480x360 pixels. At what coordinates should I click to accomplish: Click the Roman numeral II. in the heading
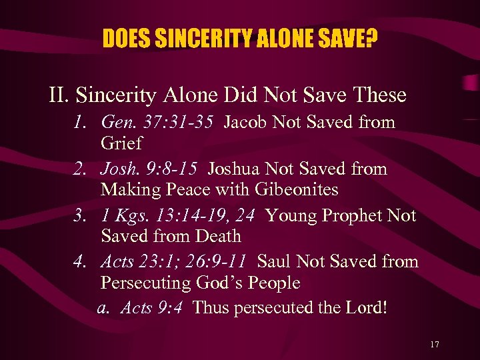(x=59, y=95)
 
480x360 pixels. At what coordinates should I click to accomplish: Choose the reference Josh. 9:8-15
(x=155, y=169)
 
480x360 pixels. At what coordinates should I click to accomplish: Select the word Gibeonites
(x=296, y=189)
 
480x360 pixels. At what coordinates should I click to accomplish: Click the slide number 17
(x=435, y=345)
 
